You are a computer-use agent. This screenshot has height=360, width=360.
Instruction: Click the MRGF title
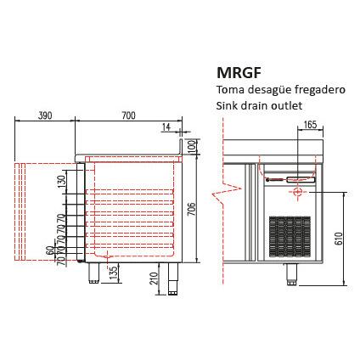tap(239, 73)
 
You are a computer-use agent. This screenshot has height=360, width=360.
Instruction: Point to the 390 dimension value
tap(45, 115)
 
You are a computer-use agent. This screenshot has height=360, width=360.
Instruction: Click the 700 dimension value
tap(128, 115)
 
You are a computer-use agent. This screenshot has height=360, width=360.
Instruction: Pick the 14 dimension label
tap(166, 127)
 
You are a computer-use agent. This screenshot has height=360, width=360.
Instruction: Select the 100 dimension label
tap(192, 146)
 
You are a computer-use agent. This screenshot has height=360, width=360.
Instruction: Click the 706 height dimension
tap(192, 209)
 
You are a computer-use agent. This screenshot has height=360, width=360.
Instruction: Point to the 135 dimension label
tap(113, 273)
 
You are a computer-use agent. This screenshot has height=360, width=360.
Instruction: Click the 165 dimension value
tap(311, 125)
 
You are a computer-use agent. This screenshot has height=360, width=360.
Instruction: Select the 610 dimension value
tap(340, 239)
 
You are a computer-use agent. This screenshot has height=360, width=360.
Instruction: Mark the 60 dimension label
tap(50, 250)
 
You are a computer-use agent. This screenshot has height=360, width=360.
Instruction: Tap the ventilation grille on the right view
tap(290, 237)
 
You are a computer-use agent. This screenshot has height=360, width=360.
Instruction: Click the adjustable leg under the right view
tap(291, 274)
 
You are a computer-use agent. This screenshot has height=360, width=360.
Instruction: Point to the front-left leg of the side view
tap(93, 273)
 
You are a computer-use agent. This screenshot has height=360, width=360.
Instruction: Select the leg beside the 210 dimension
tap(172, 279)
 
